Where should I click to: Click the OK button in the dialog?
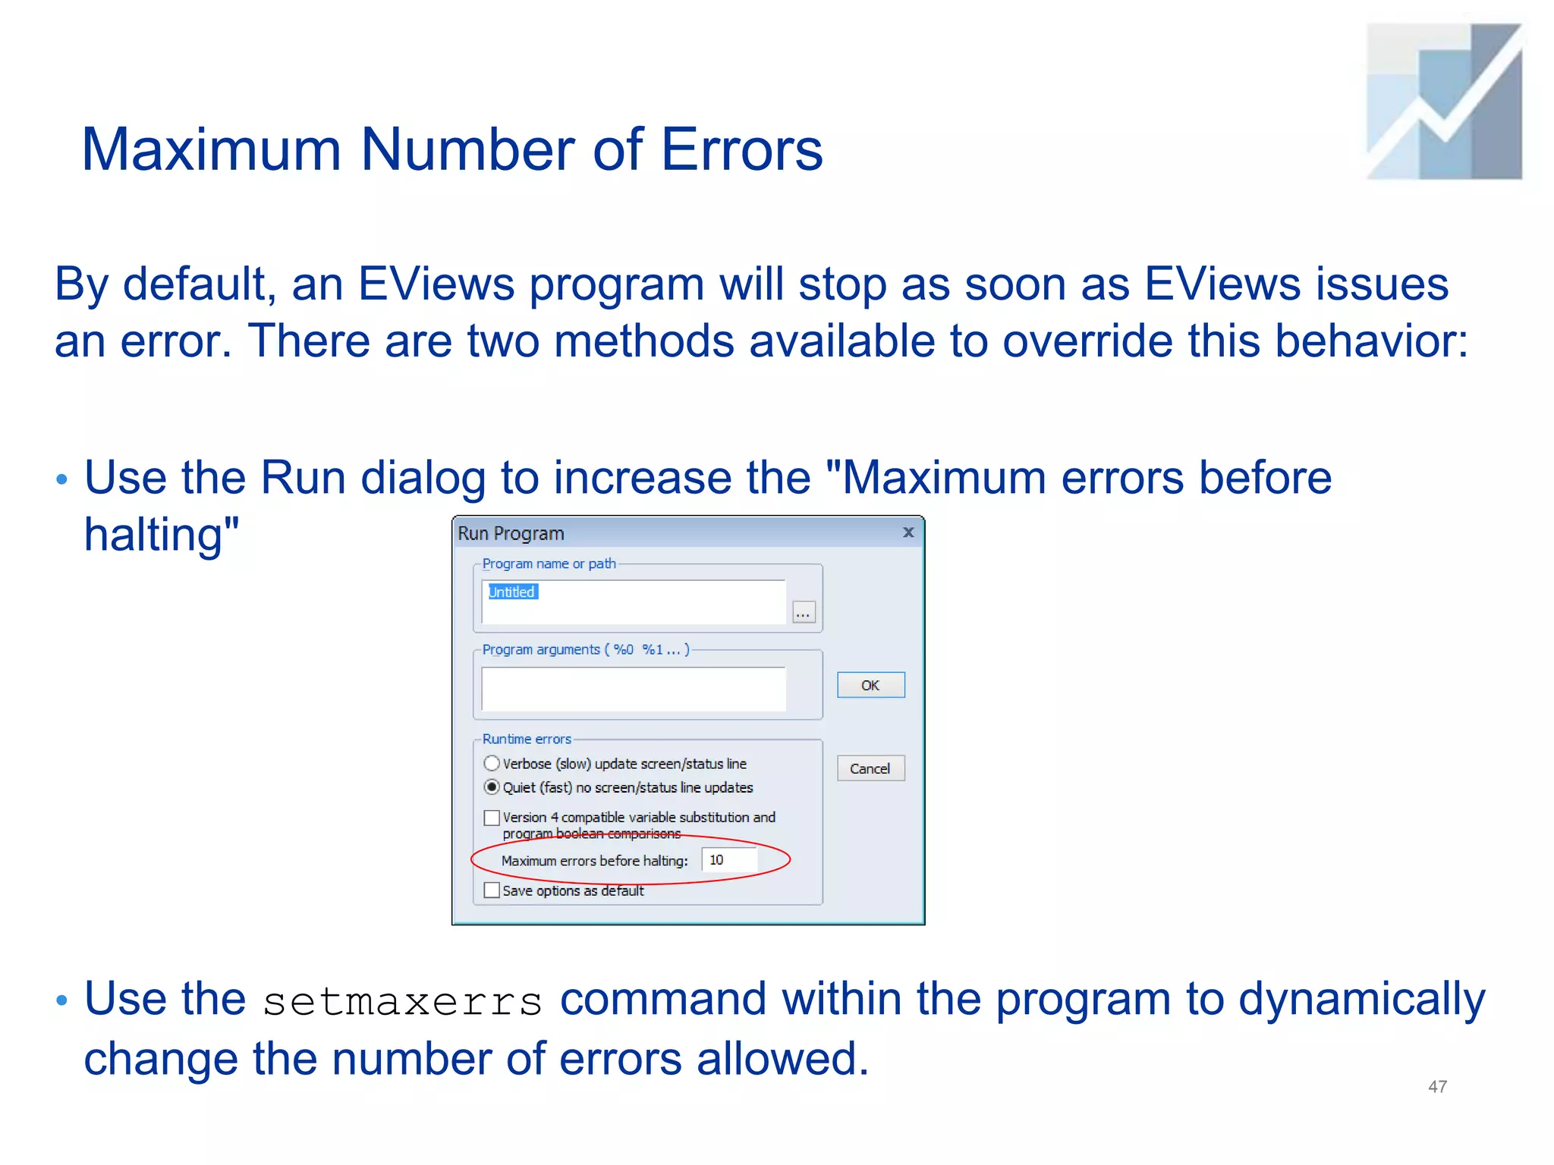pos(870,685)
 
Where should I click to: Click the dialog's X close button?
pos(908,532)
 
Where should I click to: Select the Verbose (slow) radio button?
pos(492,763)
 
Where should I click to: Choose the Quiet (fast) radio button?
pos(492,787)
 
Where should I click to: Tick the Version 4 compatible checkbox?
pos(492,818)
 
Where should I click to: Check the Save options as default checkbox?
pos(492,890)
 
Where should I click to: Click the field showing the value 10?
pos(728,860)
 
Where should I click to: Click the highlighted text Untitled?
pos(512,592)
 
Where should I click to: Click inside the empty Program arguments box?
pos(634,689)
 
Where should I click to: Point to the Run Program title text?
pos(511,533)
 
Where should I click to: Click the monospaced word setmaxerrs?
pos(402,1001)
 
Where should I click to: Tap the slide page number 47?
pos(1437,1086)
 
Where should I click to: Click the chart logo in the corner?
pos(1444,102)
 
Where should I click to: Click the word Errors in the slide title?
pos(741,149)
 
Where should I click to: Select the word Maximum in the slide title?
pos(212,149)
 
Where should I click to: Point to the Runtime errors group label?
pos(527,739)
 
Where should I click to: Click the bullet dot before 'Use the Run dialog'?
pos(62,479)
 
